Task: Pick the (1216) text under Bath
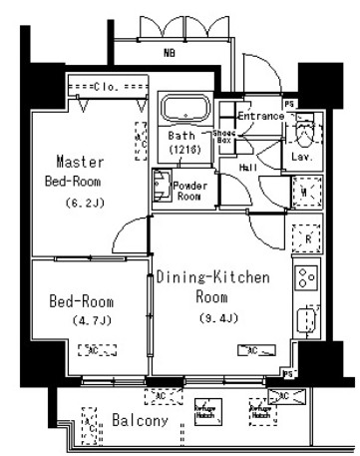click(x=183, y=149)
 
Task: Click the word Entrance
click(x=259, y=117)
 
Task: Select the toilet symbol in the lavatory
click(x=305, y=130)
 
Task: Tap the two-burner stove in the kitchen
click(x=305, y=276)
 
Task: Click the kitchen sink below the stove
click(x=305, y=320)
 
